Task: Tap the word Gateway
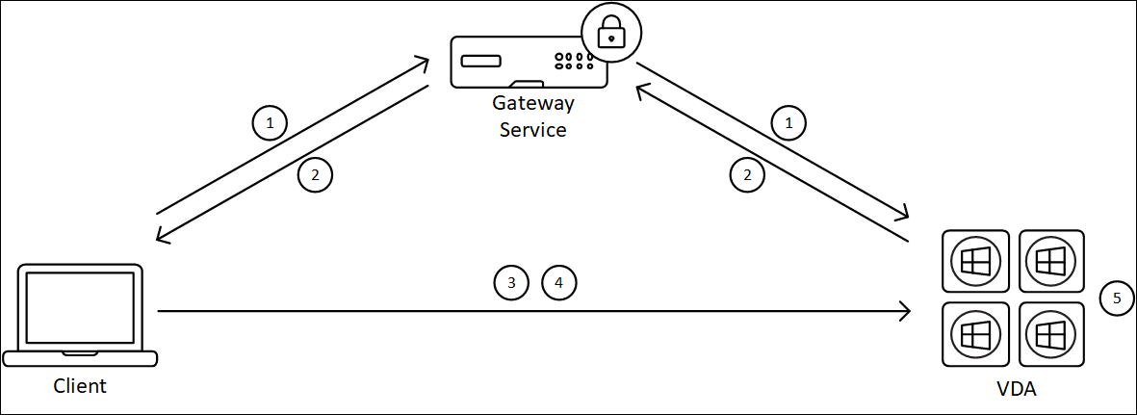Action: coord(532,103)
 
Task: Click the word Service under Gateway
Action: coord(532,128)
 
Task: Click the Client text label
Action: coord(80,386)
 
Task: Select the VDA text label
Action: coord(1016,390)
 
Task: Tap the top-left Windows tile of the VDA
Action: coord(975,261)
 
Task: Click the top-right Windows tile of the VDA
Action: coord(1051,261)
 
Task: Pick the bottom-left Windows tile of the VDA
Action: coord(975,334)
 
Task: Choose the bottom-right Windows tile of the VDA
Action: coord(1051,334)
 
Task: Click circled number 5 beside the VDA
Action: coord(1117,298)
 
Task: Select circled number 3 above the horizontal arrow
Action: coord(511,283)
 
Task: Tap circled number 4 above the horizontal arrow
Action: coord(558,283)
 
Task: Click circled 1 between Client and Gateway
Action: coord(270,123)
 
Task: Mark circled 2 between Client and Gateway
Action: coord(315,175)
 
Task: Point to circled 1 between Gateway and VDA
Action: coord(789,123)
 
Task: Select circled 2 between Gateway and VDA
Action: coord(746,175)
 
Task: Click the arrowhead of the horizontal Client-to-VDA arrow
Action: coord(905,311)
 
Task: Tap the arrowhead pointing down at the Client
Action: coord(161,238)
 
